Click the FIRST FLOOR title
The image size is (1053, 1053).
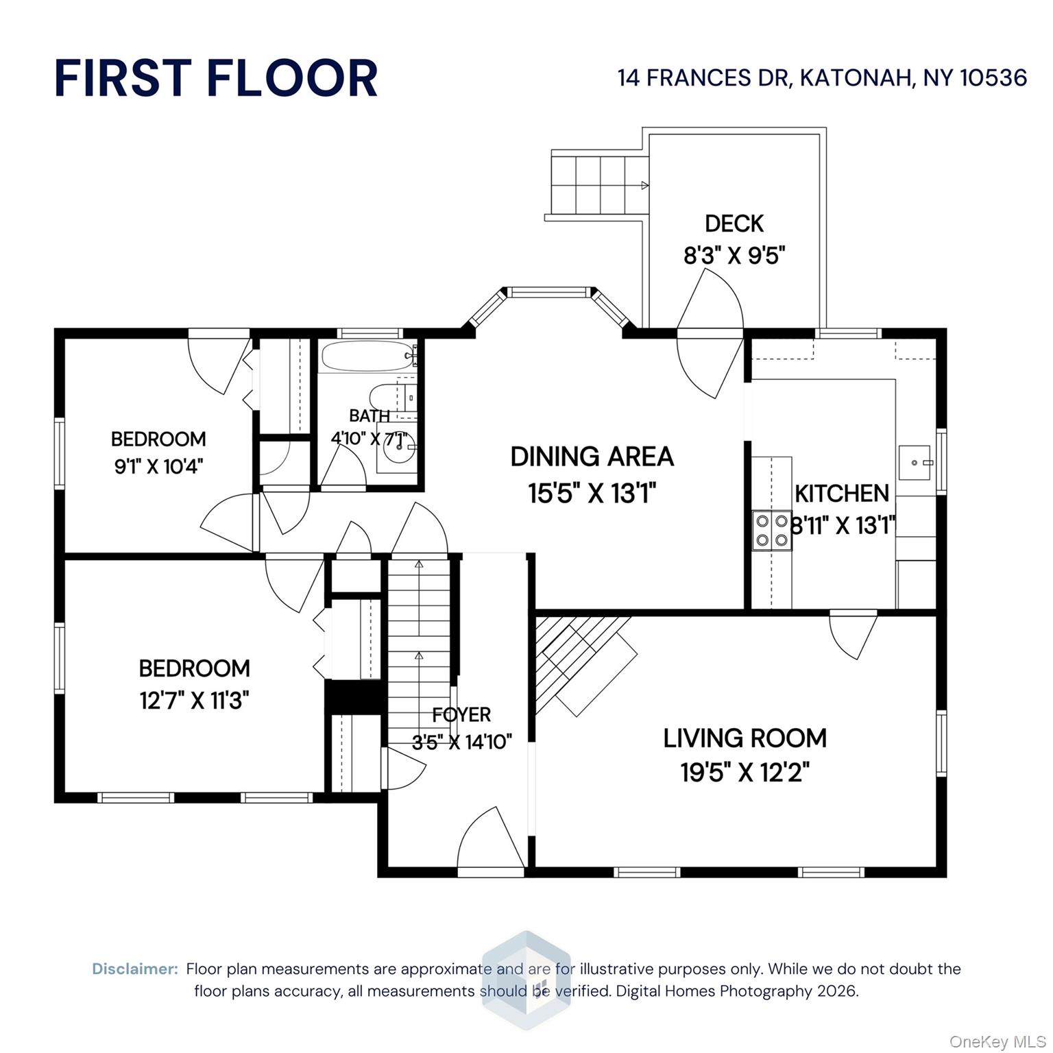(x=216, y=77)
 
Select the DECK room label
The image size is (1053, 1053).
(x=734, y=223)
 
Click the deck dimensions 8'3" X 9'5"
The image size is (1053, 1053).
(x=734, y=256)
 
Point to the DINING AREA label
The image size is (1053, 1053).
(x=592, y=457)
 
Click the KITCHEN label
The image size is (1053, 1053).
(x=841, y=493)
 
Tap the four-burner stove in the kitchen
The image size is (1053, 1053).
(x=771, y=530)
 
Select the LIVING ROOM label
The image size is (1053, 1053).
(x=745, y=738)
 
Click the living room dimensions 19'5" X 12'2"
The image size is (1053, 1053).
(x=745, y=773)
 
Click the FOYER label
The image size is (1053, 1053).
(x=461, y=714)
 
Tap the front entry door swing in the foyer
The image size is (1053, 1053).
(x=488, y=840)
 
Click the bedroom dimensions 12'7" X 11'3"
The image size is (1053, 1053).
(x=194, y=701)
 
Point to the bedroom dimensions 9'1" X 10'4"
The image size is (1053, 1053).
(x=158, y=467)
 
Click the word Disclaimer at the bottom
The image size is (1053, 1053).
(x=135, y=969)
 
